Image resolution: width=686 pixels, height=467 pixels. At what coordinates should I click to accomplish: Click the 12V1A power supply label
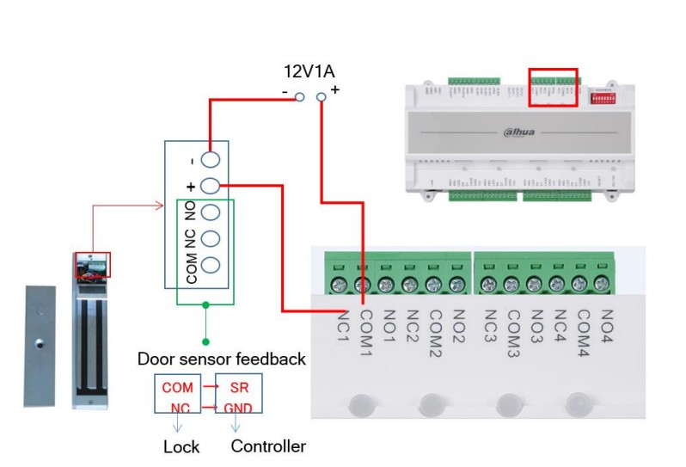(309, 71)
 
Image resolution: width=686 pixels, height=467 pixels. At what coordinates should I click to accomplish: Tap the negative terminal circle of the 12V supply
(299, 97)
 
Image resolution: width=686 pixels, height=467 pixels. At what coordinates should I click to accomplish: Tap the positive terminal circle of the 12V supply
(322, 97)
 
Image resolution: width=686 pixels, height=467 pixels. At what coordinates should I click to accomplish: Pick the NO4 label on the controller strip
(607, 324)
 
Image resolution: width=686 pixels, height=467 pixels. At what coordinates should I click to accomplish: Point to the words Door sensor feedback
(222, 359)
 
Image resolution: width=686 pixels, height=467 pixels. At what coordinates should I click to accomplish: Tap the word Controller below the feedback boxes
(268, 446)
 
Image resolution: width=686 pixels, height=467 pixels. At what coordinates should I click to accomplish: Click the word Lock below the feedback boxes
(181, 446)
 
